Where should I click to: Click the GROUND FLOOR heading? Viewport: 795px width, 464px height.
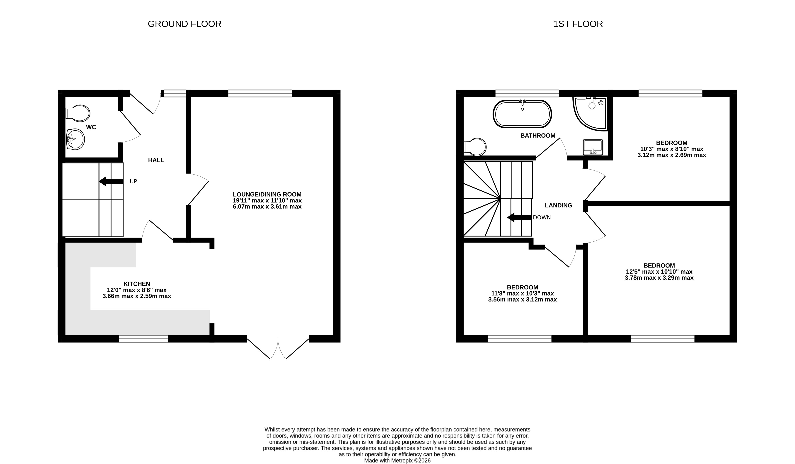tap(185, 24)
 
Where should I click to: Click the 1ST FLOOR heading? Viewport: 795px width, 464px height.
tap(578, 24)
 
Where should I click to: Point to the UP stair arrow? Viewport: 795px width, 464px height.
tap(111, 181)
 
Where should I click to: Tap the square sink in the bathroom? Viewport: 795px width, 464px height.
tap(593, 147)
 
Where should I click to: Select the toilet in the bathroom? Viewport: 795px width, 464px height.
tap(475, 147)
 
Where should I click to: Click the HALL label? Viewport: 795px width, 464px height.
tap(156, 160)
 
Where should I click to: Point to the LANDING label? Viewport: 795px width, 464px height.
tap(558, 205)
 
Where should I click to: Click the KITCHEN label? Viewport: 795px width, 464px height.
tap(137, 284)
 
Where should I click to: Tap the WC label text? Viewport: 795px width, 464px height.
tap(91, 127)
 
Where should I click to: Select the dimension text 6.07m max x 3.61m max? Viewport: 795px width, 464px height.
tap(267, 206)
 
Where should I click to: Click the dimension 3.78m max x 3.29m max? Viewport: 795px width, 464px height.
tap(659, 278)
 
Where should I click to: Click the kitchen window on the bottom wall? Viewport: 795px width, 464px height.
tap(143, 339)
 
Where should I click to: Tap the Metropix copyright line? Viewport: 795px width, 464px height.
tap(397, 461)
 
